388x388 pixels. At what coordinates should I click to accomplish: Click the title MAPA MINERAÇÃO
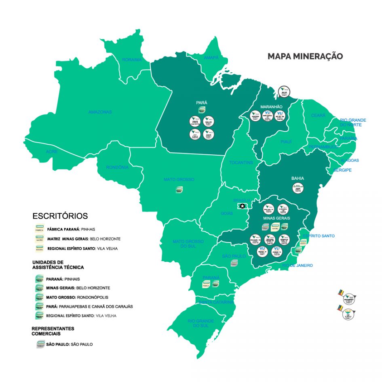point(305,56)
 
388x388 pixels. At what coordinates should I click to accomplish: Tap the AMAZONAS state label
point(100,112)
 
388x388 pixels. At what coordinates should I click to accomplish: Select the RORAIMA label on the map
point(132,60)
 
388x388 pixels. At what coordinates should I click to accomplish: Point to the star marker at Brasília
point(242,206)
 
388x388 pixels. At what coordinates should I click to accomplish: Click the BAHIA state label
point(297,178)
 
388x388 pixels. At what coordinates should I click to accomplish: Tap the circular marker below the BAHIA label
point(298,188)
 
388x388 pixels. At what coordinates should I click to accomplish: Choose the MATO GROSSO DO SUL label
point(188,244)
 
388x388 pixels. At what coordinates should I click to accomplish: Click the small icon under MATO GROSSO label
point(179,189)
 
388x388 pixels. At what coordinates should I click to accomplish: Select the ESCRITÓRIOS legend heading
point(60,216)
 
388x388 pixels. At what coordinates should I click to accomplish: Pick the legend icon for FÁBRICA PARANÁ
point(40,228)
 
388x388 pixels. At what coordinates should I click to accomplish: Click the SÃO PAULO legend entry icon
point(40,345)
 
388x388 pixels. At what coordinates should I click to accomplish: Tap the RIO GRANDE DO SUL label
point(201,323)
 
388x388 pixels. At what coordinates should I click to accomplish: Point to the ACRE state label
point(52,152)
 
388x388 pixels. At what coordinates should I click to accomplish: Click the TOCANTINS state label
point(241,162)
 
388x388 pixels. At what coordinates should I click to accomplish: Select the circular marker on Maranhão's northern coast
point(285,93)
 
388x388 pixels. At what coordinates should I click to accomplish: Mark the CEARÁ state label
point(318,116)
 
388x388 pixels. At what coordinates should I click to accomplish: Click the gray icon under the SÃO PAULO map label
point(234,263)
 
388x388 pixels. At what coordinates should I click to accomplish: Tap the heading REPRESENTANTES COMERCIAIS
point(53,331)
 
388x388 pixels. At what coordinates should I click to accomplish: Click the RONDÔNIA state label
point(117,167)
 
